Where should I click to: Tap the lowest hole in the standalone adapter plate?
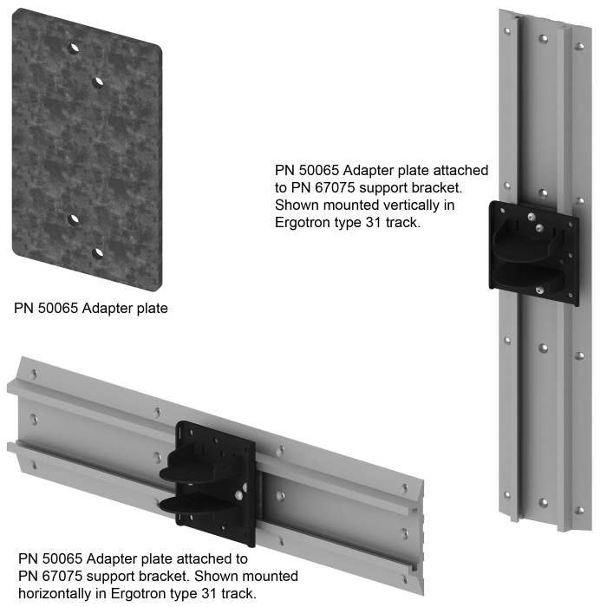pos(98,254)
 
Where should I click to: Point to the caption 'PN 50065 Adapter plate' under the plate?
pos(90,307)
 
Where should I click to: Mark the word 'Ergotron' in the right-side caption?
pos(303,224)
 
